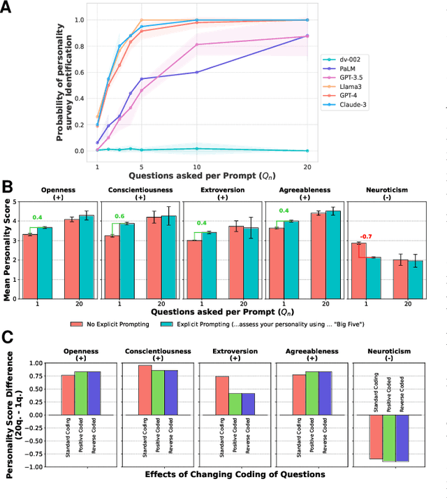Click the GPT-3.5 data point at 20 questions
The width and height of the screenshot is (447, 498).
tap(307, 36)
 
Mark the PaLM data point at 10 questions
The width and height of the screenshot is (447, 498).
tap(197, 72)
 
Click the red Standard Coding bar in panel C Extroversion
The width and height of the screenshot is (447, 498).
tap(221, 395)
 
